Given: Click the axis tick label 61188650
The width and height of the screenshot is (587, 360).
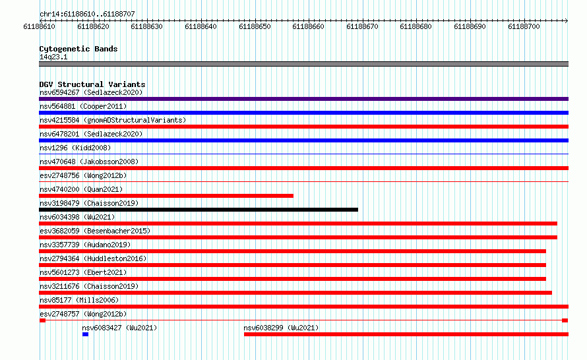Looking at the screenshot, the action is tap(255, 26).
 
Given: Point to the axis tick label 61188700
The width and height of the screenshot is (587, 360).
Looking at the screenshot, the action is tap(524, 26).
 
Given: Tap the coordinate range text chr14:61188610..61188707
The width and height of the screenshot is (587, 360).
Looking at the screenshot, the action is tap(87, 15).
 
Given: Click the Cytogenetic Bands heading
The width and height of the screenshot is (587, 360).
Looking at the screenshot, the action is tap(78, 49).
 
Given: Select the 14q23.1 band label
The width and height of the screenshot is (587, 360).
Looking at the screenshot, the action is tap(53, 57).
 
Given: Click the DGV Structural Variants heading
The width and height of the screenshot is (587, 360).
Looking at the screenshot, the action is tap(92, 84).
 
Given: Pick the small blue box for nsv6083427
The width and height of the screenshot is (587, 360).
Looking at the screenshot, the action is tap(85, 334).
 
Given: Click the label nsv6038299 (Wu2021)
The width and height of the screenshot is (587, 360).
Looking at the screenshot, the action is tap(281, 328).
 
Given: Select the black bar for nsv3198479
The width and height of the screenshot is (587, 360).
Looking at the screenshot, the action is tap(199, 210).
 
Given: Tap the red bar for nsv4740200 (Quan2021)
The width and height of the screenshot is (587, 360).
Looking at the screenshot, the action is tap(166, 196).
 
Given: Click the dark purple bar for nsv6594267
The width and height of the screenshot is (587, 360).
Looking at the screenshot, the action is tap(303, 99).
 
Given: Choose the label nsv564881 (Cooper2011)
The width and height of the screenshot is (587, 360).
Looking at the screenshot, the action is tap(83, 106).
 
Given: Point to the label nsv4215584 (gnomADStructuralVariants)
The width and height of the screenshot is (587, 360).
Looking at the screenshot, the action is tap(113, 120).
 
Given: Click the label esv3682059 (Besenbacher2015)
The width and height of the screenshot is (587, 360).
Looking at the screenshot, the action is tap(95, 231).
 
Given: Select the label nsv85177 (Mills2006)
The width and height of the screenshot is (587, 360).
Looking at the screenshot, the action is tap(79, 300).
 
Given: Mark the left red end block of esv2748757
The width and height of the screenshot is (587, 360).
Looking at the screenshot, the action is tap(42, 320).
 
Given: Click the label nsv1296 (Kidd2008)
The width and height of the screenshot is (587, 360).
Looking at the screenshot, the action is tap(75, 148).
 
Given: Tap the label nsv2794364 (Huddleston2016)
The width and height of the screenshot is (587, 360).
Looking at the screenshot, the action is tap(93, 258).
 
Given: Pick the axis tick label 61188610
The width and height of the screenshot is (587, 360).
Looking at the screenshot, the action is tap(39, 26).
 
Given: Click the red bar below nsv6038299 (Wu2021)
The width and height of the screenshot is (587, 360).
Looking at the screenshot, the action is tap(406, 334).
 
